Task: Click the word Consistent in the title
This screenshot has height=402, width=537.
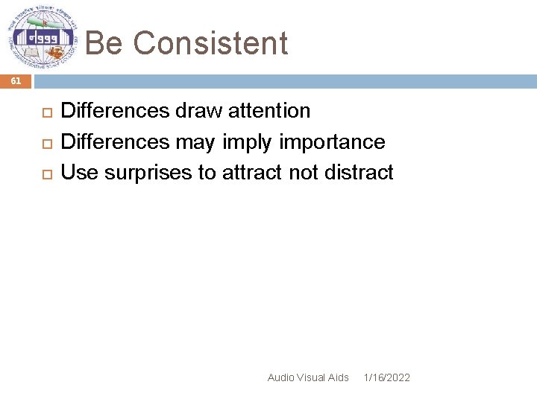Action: click(x=210, y=43)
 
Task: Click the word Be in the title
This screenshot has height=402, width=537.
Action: click(x=104, y=43)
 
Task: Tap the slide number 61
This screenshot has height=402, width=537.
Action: click(x=16, y=81)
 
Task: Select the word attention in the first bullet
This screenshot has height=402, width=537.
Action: click(x=268, y=111)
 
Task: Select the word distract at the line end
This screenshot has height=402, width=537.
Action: click(x=359, y=173)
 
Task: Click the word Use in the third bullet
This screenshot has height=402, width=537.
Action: click(x=79, y=173)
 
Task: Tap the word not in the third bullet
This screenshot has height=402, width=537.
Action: click(x=304, y=173)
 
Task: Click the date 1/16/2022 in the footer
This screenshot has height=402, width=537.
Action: click(x=386, y=378)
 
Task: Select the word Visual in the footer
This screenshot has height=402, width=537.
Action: click(x=312, y=378)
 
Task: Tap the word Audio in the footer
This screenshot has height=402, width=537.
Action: click(x=280, y=378)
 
